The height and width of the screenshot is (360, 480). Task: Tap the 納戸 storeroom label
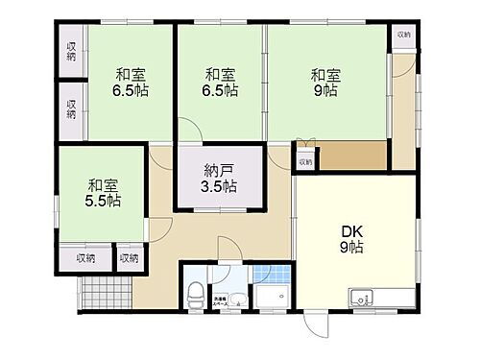219,171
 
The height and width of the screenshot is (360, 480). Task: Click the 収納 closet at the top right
403,35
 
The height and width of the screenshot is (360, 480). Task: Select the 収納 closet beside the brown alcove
304,162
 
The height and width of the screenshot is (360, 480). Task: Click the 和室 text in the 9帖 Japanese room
324,74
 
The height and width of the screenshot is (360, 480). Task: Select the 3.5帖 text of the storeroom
220,187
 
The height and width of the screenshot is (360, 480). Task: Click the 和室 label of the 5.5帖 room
101,184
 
